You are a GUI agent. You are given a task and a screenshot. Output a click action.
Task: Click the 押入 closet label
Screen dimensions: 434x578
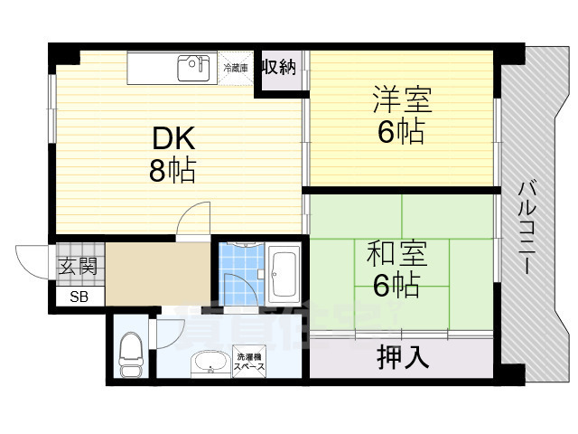click(402, 358)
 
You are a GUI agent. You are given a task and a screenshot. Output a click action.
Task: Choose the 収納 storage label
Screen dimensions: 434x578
click(279, 67)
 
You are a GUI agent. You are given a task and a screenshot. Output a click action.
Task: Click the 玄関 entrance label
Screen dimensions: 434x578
click(75, 267)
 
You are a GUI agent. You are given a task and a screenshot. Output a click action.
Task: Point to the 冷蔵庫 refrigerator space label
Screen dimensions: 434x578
click(236, 67)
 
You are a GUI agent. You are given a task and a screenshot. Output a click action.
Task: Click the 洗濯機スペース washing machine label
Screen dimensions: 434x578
click(249, 363)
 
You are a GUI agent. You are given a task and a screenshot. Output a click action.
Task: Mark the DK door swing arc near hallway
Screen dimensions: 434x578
click(191, 219)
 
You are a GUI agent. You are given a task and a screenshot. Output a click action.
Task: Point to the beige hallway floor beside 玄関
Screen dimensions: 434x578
click(158, 276)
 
